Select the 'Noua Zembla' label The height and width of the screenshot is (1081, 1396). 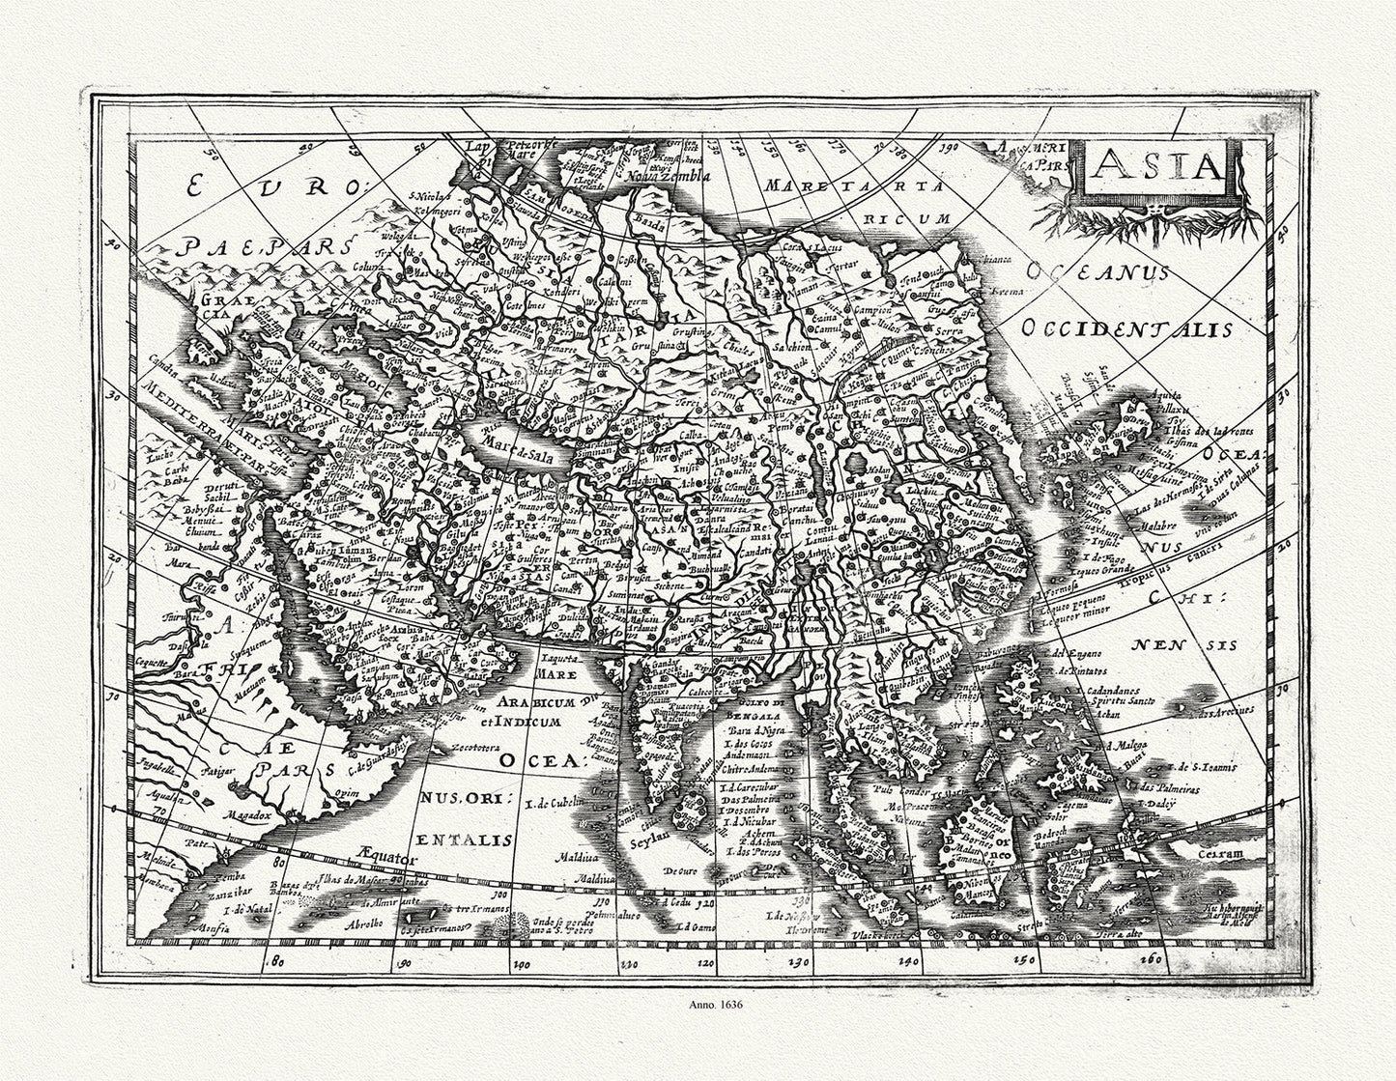click(x=666, y=176)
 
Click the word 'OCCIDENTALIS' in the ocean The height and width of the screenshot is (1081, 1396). click(x=1126, y=328)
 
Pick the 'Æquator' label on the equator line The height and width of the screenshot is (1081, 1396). click(x=385, y=856)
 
